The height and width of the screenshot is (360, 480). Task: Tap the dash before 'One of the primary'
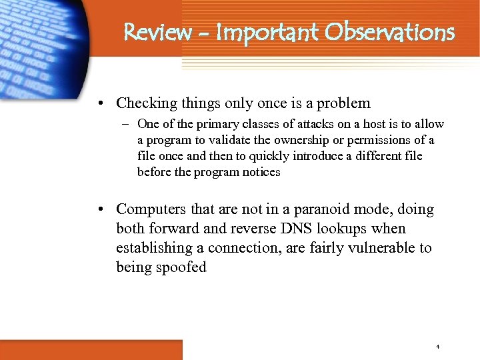125,125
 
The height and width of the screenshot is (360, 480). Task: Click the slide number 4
437,347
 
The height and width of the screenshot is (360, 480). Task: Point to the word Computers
150,209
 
